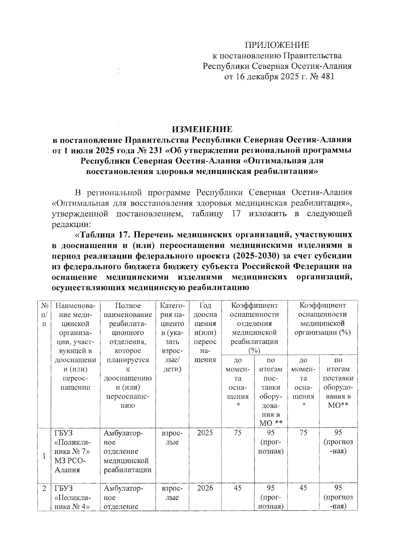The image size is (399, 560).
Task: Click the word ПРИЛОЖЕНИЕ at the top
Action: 277,45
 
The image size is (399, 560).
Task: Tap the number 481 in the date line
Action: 325,77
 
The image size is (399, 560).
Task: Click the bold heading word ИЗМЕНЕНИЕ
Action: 202,129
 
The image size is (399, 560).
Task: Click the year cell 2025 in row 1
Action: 205,433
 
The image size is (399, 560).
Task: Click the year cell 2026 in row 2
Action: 205,488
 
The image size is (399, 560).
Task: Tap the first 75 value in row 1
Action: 237,433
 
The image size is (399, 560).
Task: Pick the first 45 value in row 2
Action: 237,488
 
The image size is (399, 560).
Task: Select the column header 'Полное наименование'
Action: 128,310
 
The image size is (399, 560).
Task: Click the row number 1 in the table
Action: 44,456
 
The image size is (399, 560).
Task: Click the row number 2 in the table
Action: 44,488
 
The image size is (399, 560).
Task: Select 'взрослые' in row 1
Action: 172,437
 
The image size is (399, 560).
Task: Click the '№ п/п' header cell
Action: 44,314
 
